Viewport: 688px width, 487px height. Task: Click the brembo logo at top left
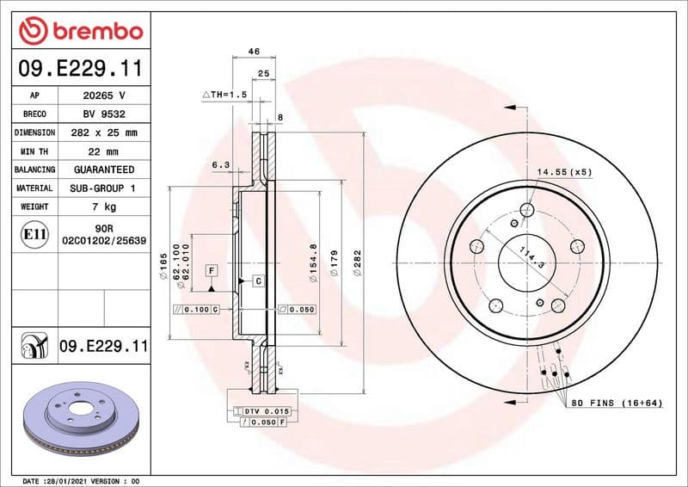pyautogui.click(x=80, y=32)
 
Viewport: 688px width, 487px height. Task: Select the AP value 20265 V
pyautogui.click(x=104, y=96)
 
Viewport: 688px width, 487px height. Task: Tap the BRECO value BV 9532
pyautogui.click(x=104, y=114)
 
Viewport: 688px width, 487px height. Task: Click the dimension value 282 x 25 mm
pyautogui.click(x=104, y=133)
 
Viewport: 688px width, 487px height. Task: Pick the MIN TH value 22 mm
pyautogui.click(x=104, y=151)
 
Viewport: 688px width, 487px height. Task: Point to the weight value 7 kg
pyautogui.click(x=104, y=207)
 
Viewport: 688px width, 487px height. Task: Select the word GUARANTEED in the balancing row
pyautogui.click(x=104, y=170)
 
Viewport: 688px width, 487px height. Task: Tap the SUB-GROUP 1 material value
pyautogui.click(x=104, y=188)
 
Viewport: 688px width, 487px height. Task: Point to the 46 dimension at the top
pyautogui.click(x=254, y=52)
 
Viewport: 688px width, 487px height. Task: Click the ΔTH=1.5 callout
pyautogui.click(x=224, y=94)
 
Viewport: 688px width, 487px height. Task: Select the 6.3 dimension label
pyautogui.click(x=220, y=164)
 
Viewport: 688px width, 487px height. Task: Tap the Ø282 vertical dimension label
pyautogui.click(x=357, y=262)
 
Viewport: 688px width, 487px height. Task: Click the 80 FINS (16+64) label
pyautogui.click(x=617, y=403)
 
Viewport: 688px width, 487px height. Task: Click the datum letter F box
pyautogui.click(x=209, y=271)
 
